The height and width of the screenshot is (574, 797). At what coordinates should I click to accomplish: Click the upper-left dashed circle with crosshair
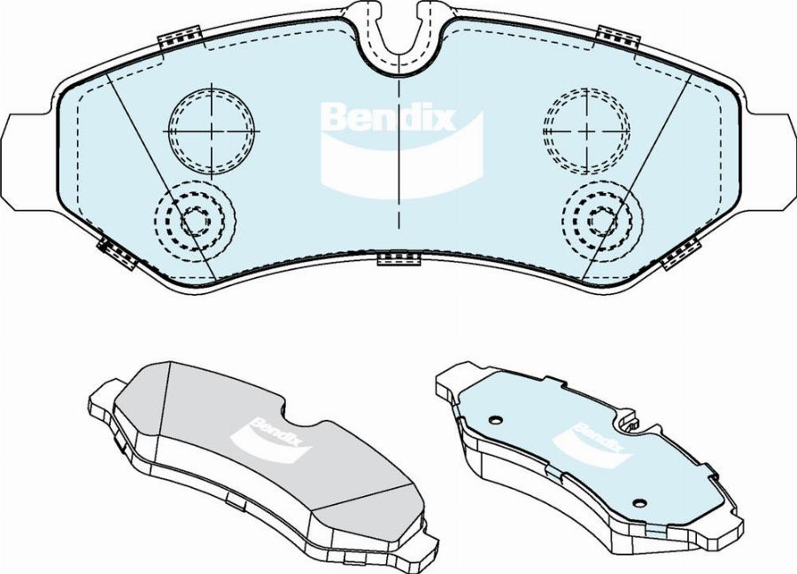click(x=212, y=131)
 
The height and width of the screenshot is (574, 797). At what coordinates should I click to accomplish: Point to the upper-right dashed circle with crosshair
click(x=586, y=131)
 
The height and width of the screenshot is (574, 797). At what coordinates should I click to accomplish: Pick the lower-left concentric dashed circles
click(x=196, y=221)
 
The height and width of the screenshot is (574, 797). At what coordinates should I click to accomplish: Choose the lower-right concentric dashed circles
click(x=602, y=221)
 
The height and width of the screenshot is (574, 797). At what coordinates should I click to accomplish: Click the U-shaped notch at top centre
click(x=399, y=35)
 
